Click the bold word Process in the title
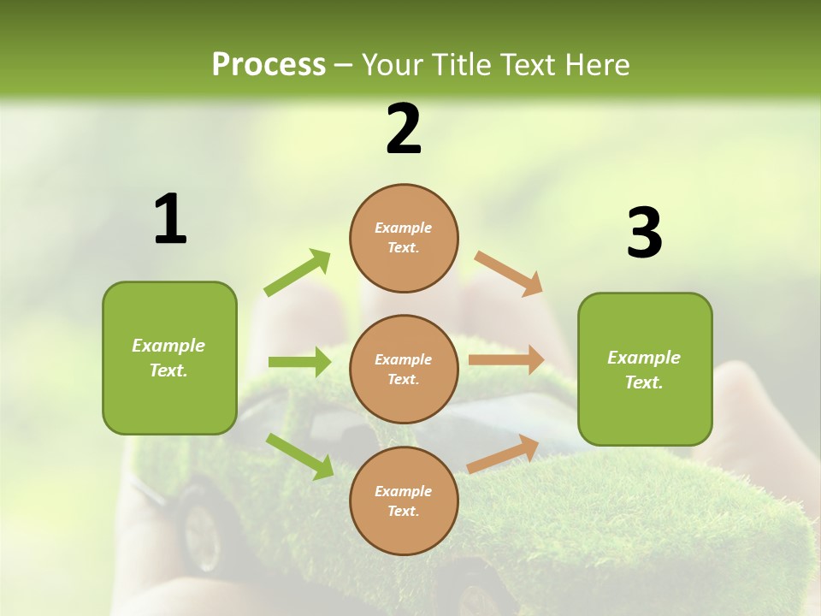pos(269,64)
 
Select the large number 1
pos(170,220)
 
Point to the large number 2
pos(404,130)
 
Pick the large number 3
pos(644,234)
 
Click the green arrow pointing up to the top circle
pos(297,273)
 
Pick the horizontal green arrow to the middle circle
pos(298,362)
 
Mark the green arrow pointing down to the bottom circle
pos(299,455)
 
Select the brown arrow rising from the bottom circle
pos(503,454)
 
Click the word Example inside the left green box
pos(168,346)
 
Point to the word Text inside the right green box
pos(644,382)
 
